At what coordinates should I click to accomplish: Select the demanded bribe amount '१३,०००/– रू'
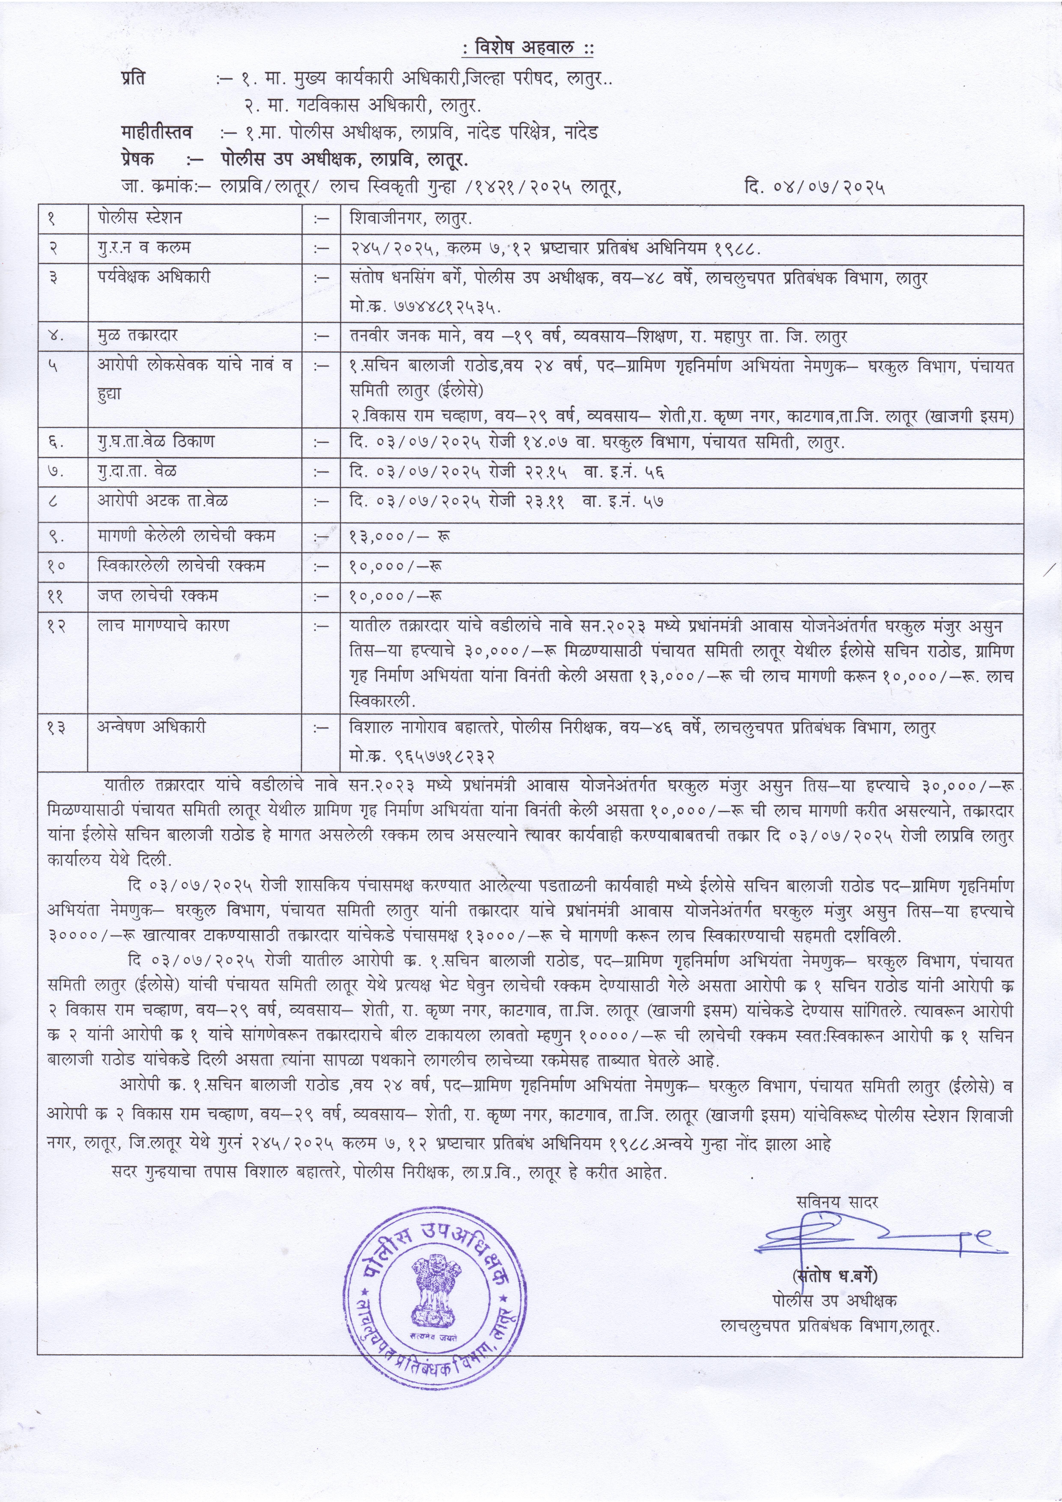[x=399, y=536]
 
